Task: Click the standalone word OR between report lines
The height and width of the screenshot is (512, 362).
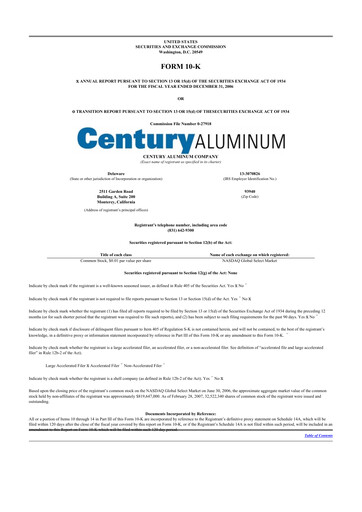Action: click(x=181, y=97)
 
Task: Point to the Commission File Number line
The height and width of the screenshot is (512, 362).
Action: click(x=181, y=122)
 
